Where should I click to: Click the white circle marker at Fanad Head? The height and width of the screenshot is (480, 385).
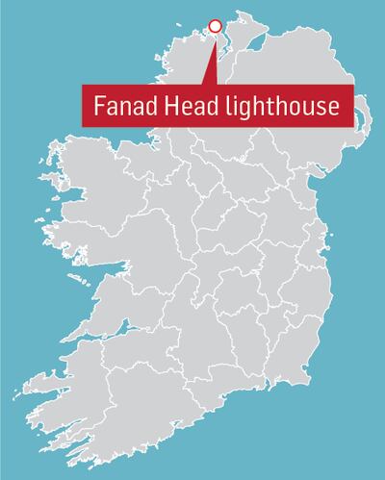pyautogui.click(x=215, y=26)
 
